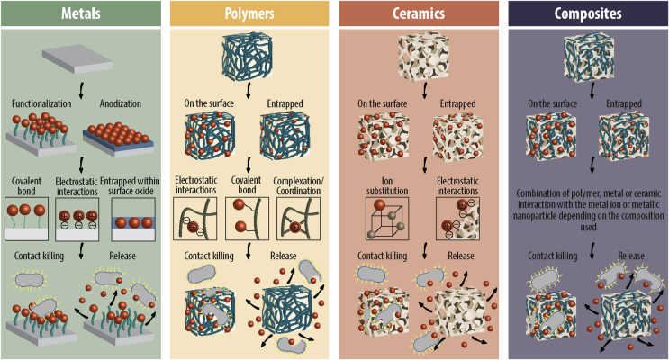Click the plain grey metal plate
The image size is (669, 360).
coord(79,60)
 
